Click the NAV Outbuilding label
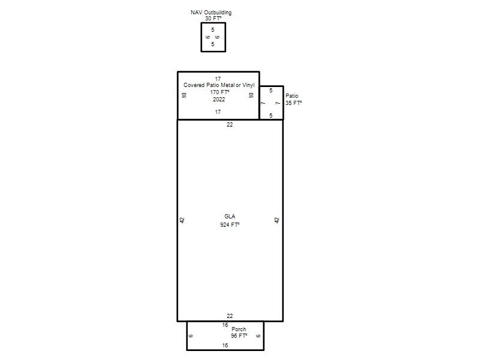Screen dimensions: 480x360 [x=211, y=13]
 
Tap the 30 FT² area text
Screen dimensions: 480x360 [x=214, y=19]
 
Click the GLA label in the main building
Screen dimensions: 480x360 [x=230, y=217]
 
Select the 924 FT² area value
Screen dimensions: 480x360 [x=230, y=224]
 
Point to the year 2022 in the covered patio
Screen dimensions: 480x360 [x=219, y=100]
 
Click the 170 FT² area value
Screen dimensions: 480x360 [x=220, y=92]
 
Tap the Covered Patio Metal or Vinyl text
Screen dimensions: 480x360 [x=219, y=85]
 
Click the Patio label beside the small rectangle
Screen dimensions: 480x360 [x=292, y=96]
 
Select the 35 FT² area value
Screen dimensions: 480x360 [x=293, y=103]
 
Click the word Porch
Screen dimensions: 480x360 [x=239, y=329]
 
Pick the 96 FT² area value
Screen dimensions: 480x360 [x=239, y=336]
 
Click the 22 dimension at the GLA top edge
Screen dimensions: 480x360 [x=230, y=125]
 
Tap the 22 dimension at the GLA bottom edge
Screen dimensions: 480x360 [x=230, y=316]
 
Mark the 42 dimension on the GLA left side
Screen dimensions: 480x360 [x=182, y=220]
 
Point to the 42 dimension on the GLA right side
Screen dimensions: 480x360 [x=277, y=220]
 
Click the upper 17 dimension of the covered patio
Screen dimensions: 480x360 [x=218, y=79]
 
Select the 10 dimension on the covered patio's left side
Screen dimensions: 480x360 [x=184, y=95]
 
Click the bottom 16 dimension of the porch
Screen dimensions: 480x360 [x=225, y=346]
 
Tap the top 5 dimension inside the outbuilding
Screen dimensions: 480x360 [x=213, y=29]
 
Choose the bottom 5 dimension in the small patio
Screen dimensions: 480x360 [x=271, y=115]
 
